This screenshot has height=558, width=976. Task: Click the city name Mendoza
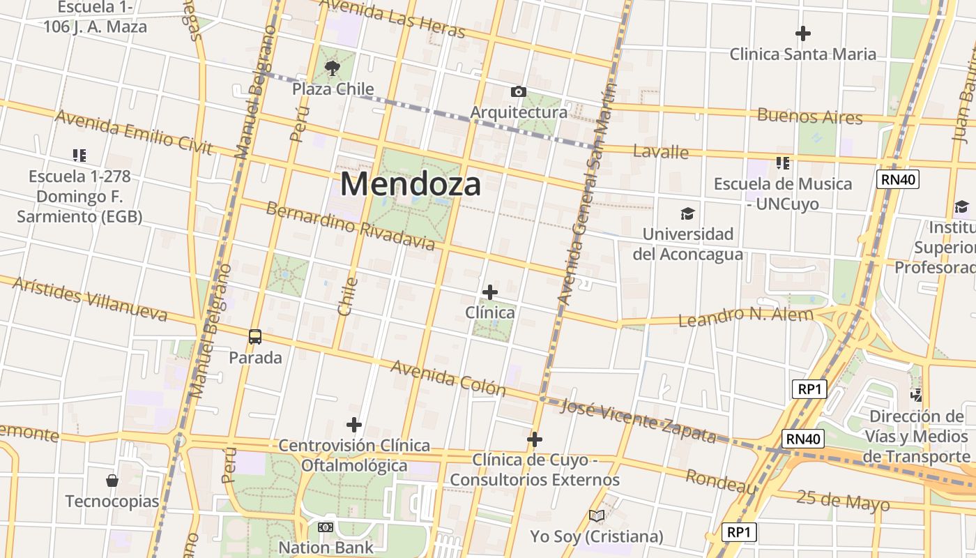pyautogui.click(x=411, y=185)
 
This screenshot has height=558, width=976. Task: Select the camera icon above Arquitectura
pyautogui.click(x=518, y=92)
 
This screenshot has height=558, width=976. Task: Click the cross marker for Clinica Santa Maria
pyautogui.click(x=803, y=33)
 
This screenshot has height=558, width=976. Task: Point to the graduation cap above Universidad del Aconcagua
pyautogui.click(x=688, y=213)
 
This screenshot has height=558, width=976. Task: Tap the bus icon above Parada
pyautogui.click(x=255, y=337)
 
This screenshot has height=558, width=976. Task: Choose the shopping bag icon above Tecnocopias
pyautogui.click(x=112, y=481)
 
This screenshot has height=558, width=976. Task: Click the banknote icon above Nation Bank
pyautogui.click(x=326, y=527)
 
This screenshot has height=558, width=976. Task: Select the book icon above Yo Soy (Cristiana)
pyautogui.click(x=596, y=516)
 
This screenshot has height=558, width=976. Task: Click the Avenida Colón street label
pyautogui.click(x=448, y=377)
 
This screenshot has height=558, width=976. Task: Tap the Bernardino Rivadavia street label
pyautogui.click(x=350, y=226)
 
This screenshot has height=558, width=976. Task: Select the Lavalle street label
pyautogui.click(x=661, y=151)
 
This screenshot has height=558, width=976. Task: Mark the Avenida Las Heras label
pyautogui.click(x=392, y=19)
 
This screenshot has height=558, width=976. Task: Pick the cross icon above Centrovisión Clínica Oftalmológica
pyautogui.click(x=354, y=424)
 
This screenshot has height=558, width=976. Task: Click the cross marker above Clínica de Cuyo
pyautogui.click(x=535, y=439)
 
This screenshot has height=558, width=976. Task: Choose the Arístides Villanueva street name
pyautogui.click(x=90, y=299)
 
